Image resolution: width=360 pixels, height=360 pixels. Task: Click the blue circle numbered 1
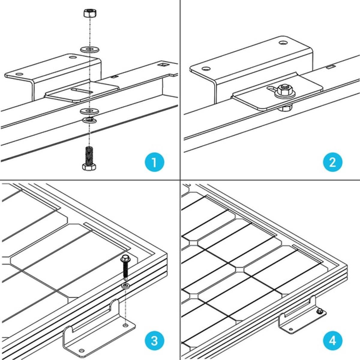154,162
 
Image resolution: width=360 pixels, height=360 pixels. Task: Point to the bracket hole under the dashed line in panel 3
125,325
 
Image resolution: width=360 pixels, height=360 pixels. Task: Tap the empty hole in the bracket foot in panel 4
290,329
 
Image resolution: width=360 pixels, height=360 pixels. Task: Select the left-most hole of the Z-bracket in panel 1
19,74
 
